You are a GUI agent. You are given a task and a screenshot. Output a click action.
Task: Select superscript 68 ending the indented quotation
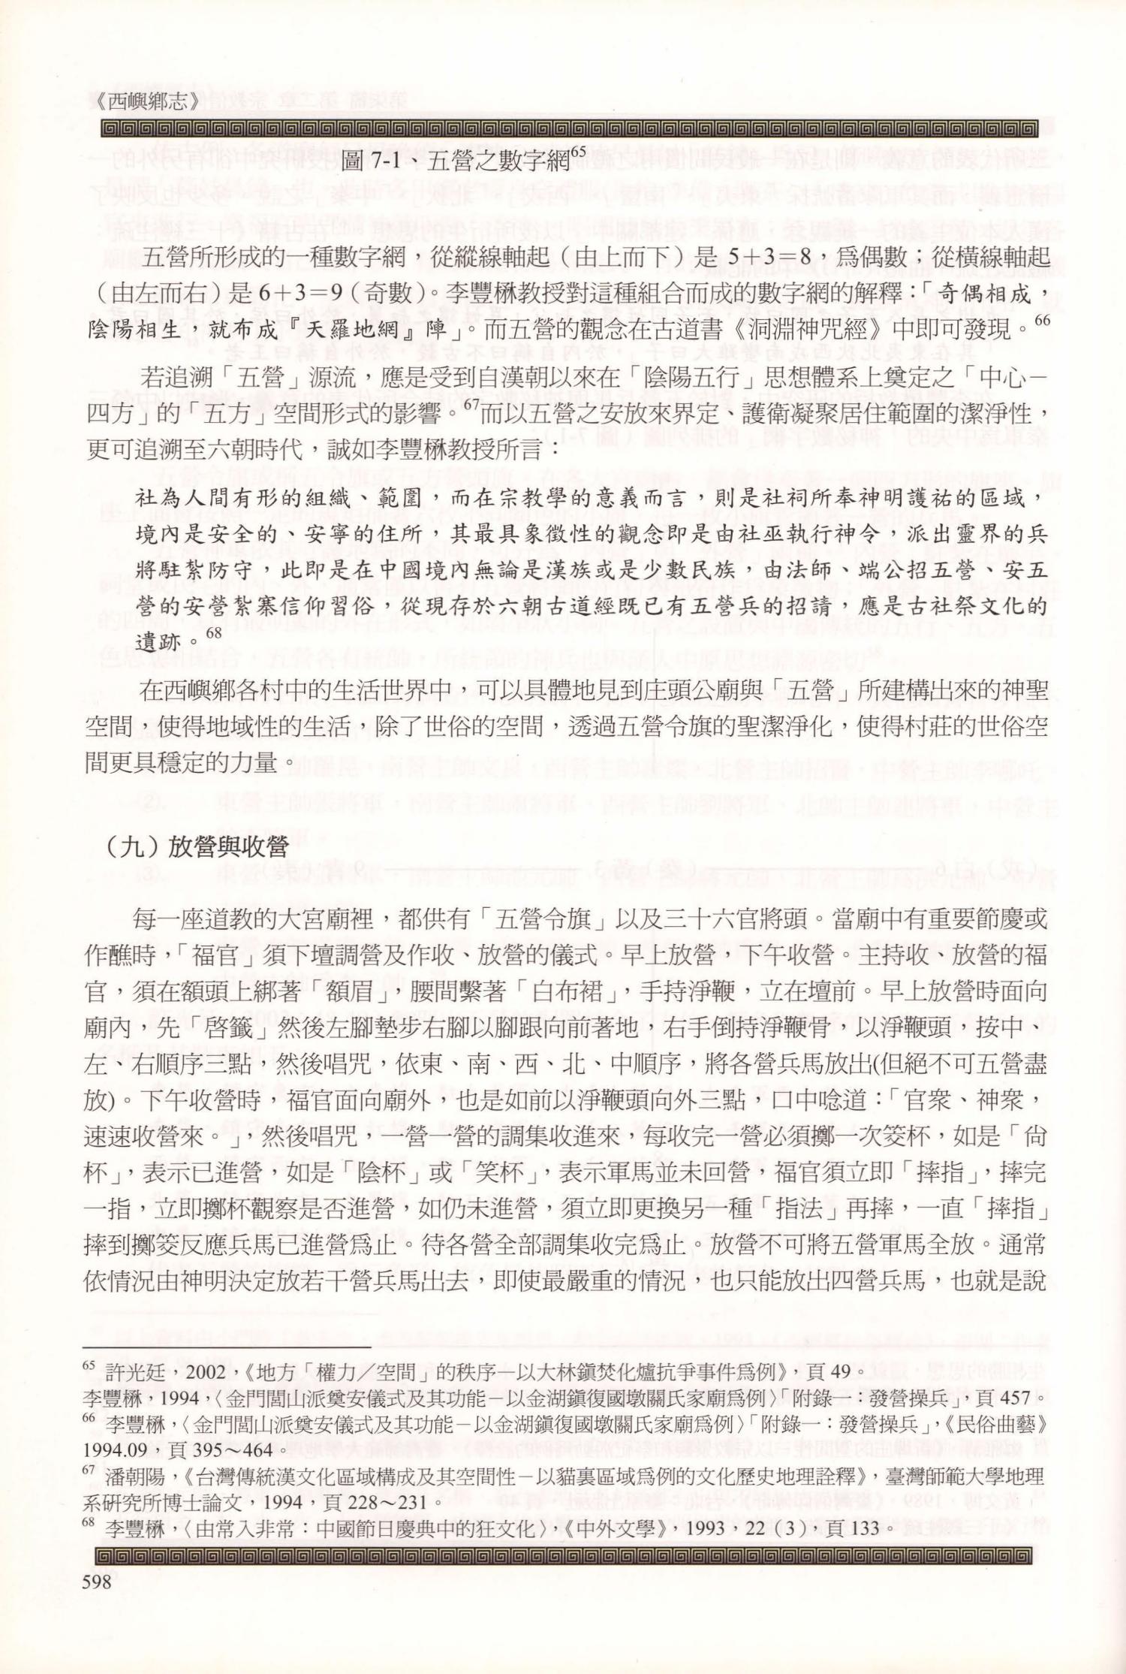pos(214,633)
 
